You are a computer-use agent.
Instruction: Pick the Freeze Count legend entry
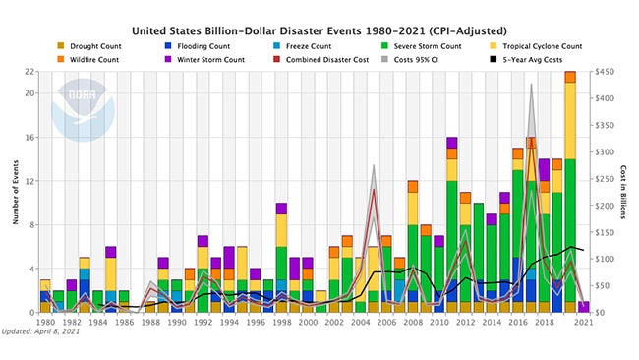[x=313, y=45]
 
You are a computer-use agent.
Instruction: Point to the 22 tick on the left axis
[x=30, y=72]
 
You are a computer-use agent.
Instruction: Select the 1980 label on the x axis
[x=45, y=323]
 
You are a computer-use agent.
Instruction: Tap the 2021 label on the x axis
[x=584, y=323]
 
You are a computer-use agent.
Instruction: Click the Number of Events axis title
[x=15, y=192]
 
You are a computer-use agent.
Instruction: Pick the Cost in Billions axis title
[x=622, y=192]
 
